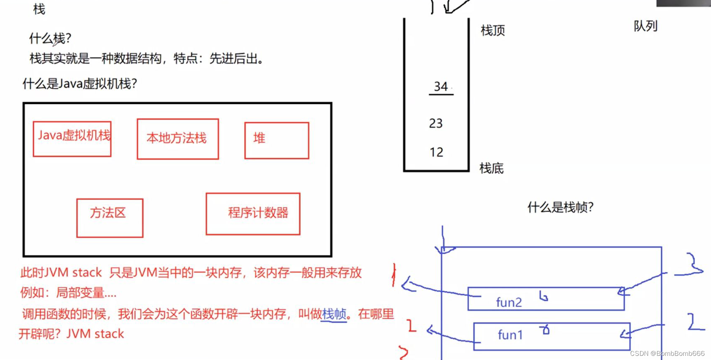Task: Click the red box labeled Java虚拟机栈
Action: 72,139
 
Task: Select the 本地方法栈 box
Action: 178,139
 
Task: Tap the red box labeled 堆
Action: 276,140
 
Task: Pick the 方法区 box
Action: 110,217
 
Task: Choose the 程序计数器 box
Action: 253,213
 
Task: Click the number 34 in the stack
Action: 441,87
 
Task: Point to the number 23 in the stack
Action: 436,123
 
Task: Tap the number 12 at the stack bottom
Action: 436,152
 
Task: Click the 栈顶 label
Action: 493,30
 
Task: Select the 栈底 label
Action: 492,168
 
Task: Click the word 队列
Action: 645,26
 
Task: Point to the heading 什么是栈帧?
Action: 560,207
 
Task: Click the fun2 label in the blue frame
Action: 509,302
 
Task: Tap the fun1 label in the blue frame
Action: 510,335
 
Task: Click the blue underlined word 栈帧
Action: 334,314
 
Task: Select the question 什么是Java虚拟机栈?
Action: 80,84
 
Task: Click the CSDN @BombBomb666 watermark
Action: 667,353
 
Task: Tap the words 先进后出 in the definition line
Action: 233,59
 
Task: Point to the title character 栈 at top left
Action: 39,9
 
